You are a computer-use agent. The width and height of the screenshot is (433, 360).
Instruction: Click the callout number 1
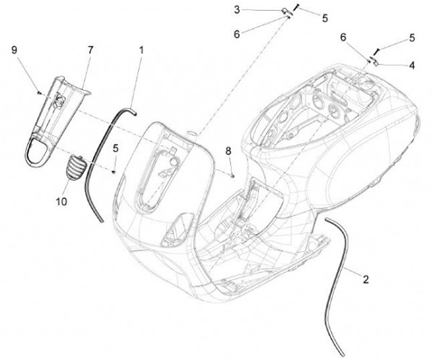click(142, 51)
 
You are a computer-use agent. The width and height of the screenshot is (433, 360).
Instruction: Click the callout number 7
click(91, 50)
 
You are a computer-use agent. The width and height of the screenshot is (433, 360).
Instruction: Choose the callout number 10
click(61, 202)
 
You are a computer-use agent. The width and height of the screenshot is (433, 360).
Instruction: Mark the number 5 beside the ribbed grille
click(115, 147)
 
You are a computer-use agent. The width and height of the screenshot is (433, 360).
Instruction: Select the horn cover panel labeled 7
click(54, 117)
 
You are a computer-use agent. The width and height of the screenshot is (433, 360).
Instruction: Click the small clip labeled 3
click(286, 10)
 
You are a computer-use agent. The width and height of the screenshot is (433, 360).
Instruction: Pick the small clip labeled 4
click(372, 60)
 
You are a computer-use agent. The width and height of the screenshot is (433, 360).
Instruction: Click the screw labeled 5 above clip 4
click(376, 51)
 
